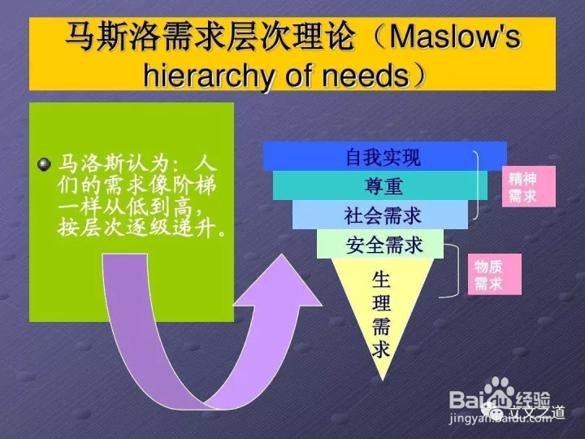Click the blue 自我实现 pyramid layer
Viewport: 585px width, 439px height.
tap(383, 156)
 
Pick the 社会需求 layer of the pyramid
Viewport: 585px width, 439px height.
tap(382, 215)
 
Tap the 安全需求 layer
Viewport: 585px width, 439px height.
tap(382, 244)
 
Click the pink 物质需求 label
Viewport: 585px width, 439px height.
tap(493, 274)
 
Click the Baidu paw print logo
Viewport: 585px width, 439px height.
tap(497, 392)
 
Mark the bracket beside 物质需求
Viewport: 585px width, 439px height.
tap(454, 272)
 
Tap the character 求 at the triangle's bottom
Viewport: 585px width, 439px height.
tap(381, 350)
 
